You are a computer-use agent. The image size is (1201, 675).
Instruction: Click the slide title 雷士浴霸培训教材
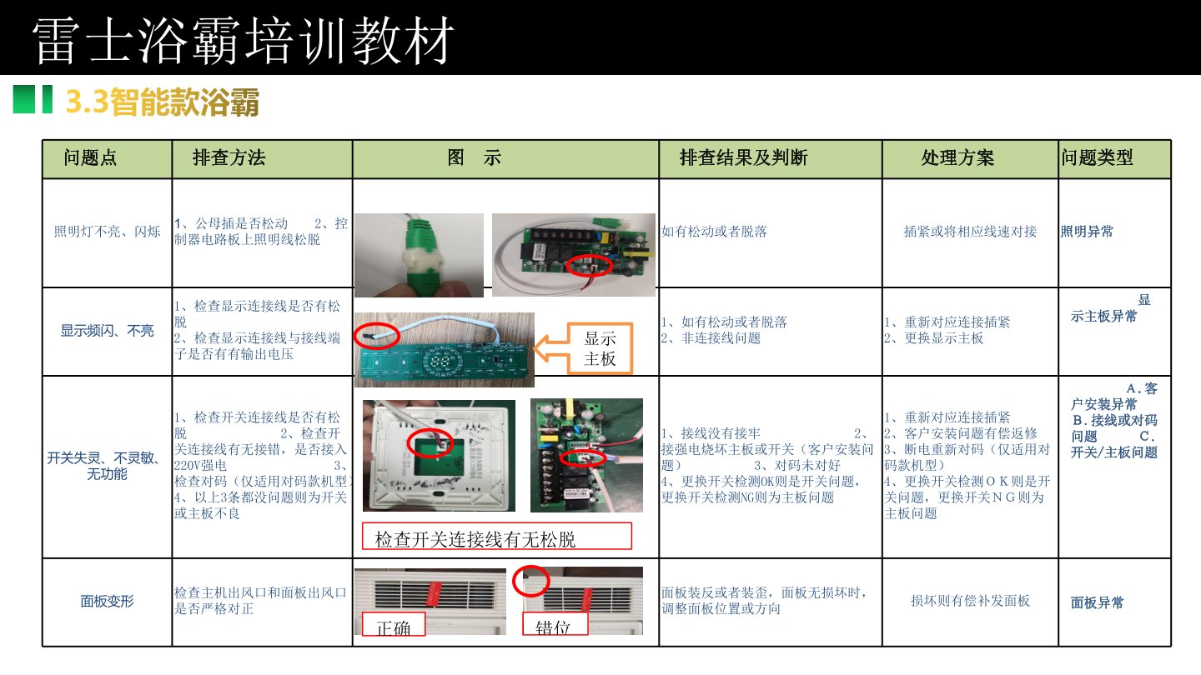click(244, 40)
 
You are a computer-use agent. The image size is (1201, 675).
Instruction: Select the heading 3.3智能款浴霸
click(163, 102)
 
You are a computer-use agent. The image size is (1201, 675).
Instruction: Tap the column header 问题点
click(90, 157)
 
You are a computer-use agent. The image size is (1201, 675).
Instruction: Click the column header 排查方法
click(229, 157)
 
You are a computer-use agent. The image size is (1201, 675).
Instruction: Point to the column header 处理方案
click(957, 157)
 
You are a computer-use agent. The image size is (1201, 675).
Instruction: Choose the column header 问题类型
click(1097, 157)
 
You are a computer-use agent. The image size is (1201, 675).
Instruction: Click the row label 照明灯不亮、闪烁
click(108, 232)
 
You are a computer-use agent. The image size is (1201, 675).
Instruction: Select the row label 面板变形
click(108, 602)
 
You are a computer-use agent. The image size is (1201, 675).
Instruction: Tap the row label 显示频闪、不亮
click(108, 331)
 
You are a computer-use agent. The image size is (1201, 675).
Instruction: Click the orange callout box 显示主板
click(600, 348)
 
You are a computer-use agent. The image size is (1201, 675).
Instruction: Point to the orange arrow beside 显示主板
click(550, 348)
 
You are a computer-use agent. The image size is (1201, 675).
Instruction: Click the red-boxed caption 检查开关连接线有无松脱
click(497, 537)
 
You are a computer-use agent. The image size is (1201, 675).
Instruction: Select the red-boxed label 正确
click(394, 624)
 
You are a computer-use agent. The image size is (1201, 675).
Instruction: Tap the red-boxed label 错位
click(555, 624)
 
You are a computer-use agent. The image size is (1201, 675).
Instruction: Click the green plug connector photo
click(419, 255)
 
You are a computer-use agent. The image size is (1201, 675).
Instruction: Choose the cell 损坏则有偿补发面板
click(970, 601)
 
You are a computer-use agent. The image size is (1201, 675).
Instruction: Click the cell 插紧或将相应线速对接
click(970, 232)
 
